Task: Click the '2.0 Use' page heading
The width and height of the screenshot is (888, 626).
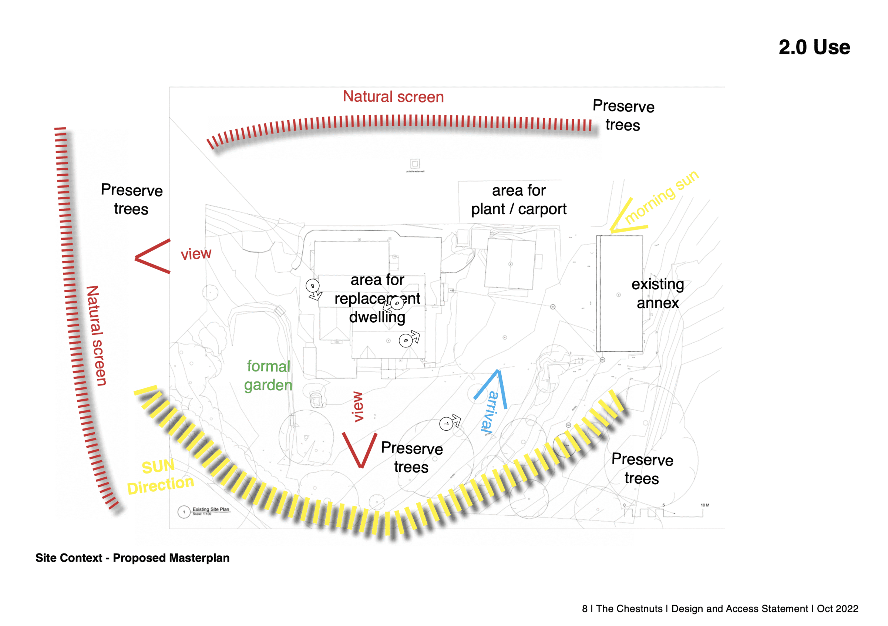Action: coord(814,47)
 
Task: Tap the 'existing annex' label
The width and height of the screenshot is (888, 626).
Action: coord(657,293)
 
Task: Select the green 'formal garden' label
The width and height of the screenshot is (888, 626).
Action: coord(268,376)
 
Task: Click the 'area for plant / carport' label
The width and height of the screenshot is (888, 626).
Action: coord(518,199)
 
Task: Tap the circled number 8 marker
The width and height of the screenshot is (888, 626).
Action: coord(312,286)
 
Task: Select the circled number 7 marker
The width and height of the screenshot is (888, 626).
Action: coord(446,424)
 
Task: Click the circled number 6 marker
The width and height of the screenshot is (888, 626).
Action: coord(405,341)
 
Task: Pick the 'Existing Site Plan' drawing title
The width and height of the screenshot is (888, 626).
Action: coord(211,509)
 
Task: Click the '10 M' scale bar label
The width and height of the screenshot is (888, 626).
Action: coord(705,505)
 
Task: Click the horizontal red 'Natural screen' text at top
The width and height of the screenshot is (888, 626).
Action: coord(393,97)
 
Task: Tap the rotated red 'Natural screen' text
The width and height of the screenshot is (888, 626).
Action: coord(96,335)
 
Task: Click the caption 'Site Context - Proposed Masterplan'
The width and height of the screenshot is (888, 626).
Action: coord(132,558)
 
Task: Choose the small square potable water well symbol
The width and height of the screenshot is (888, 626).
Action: coord(415,164)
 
